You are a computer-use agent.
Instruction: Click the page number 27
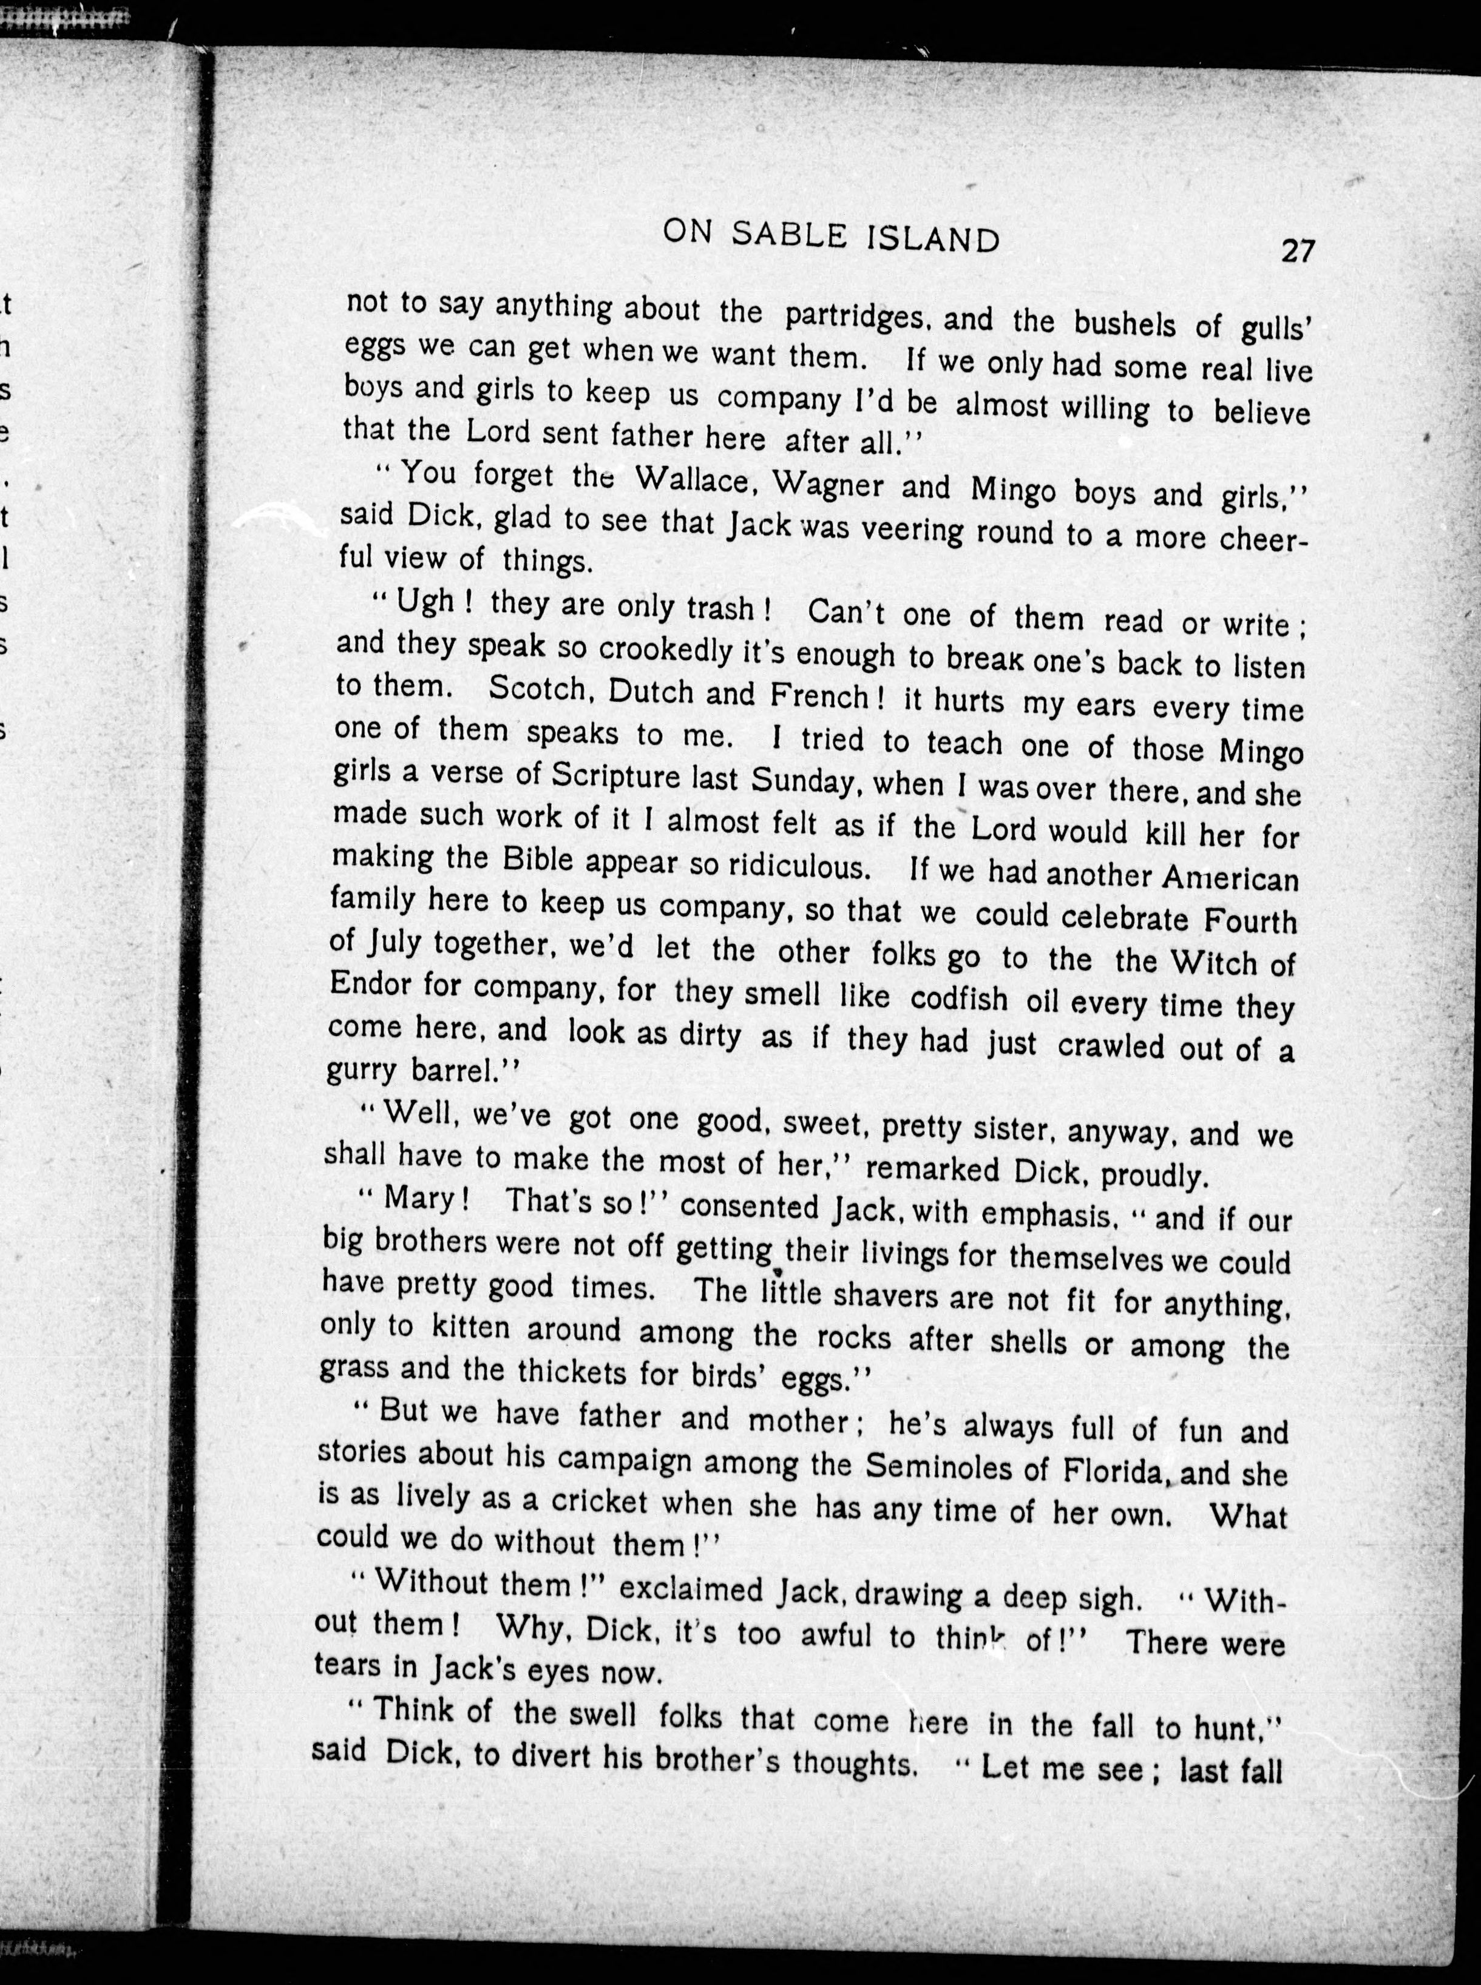(1297, 250)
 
